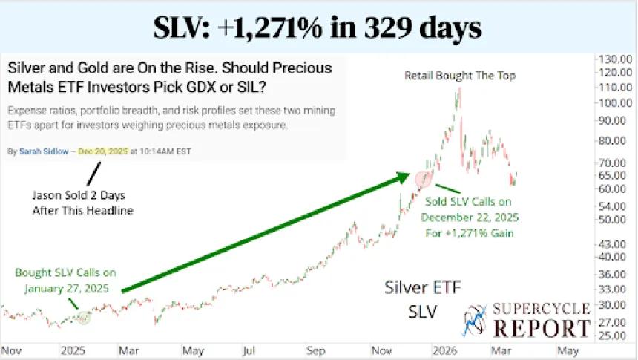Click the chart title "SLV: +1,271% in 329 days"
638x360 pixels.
(318, 27)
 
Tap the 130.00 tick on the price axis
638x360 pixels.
(615, 59)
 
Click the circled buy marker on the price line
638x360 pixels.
(83, 318)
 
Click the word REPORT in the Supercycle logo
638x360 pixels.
(542, 327)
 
